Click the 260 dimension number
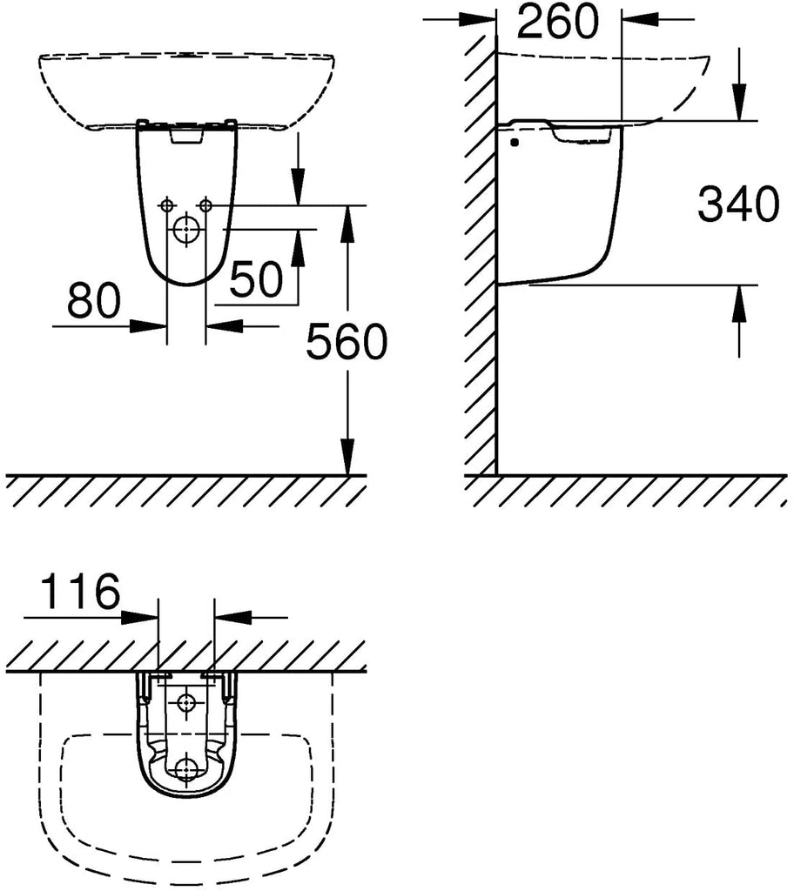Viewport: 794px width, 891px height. [558, 21]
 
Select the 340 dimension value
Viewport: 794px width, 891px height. [738, 204]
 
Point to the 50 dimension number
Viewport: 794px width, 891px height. [256, 279]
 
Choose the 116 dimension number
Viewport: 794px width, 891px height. [81, 591]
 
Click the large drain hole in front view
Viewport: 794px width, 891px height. [185, 231]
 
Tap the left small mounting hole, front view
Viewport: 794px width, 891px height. [166, 204]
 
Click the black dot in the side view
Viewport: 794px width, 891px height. [515, 144]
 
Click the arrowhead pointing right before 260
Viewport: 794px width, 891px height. [478, 19]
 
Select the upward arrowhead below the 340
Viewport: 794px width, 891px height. [739, 303]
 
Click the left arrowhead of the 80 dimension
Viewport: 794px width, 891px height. [149, 326]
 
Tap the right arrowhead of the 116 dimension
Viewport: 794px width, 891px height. [233, 617]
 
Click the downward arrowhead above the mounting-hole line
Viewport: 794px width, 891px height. [297, 186]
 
